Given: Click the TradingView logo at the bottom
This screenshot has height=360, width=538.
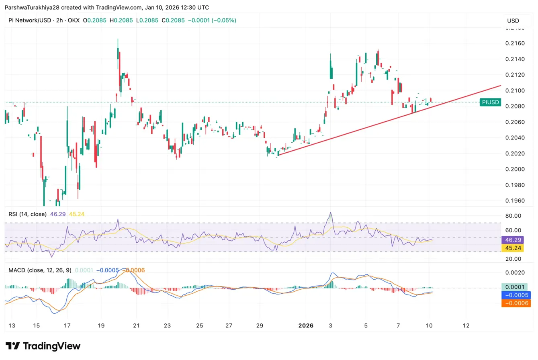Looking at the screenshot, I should pos(43,346).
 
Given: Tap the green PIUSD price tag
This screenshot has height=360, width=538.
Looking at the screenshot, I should pos(490,102).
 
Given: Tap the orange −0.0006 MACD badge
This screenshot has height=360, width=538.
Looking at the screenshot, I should pos(515,303).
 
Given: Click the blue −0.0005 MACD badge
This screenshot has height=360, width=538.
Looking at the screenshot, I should pos(515,295).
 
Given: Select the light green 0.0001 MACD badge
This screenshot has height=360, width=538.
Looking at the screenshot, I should pos(515,287).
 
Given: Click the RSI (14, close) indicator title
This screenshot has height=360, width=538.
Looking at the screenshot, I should pos(28,214).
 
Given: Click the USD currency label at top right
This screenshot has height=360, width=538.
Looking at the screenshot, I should pos(513,21).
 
